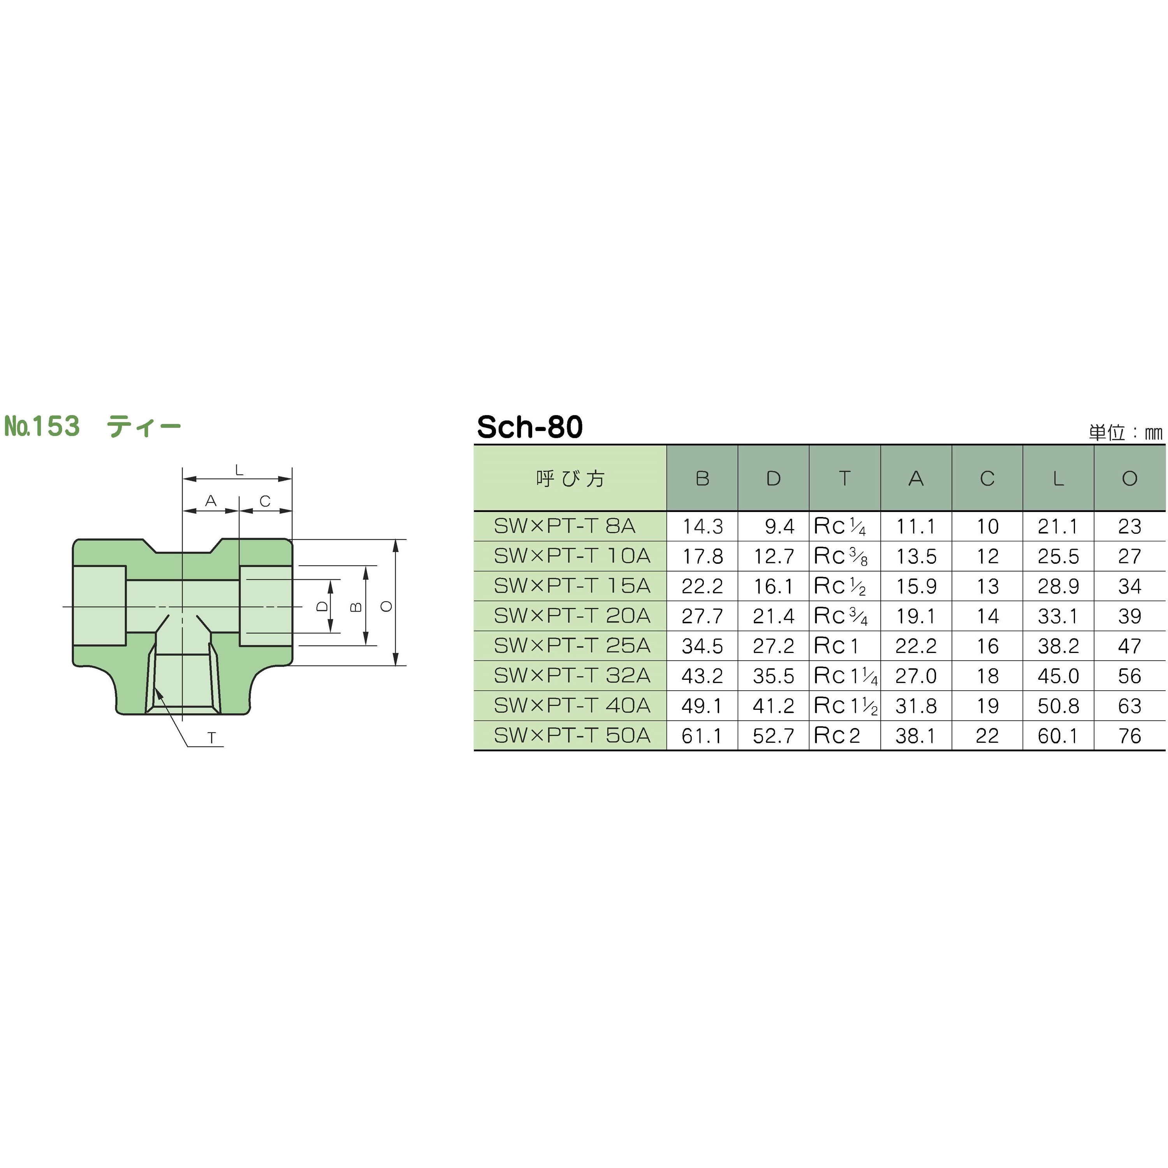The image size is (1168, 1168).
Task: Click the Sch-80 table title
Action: pos(529,427)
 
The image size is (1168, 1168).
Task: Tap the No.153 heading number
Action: pos(42,426)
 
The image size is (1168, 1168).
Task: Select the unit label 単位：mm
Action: pos(1126,432)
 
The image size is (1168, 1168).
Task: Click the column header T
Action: pos(844,478)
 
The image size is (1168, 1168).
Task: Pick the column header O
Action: pos(1129,478)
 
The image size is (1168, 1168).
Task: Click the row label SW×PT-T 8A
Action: pos(565,526)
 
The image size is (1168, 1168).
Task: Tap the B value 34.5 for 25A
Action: pos(702,646)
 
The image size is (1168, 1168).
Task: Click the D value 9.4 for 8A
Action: pos(779,526)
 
